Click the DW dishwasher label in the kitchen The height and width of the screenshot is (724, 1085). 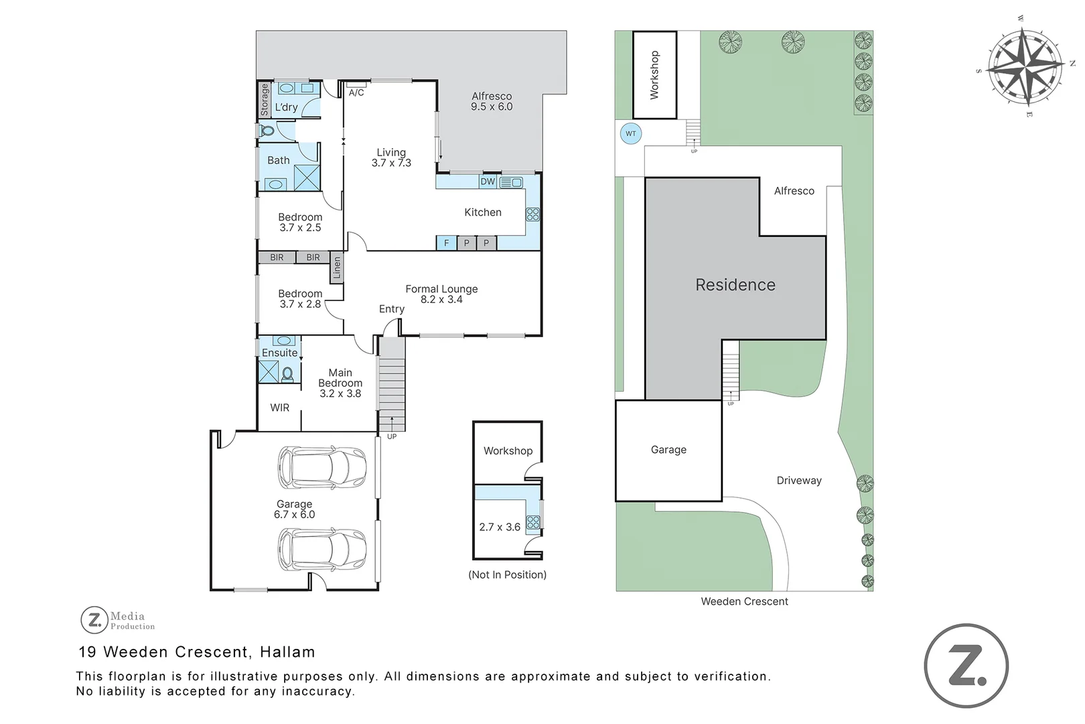tap(488, 182)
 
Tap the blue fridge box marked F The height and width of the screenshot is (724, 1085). tap(447, 243)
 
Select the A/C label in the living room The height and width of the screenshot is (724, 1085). tap(356, 93)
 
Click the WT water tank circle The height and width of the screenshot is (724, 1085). tap(631, 134)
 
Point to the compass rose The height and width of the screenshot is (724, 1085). tap(1026, 67)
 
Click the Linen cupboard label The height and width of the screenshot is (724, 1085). tap(337, 267)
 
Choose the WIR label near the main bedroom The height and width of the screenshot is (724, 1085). tap(279, 408)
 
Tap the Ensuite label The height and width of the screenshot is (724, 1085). tap(279, 353)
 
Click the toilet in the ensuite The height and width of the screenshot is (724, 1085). tap(288, 374)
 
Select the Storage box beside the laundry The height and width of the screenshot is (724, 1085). tap(265, 100)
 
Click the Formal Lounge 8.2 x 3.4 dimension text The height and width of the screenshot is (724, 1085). tap(441, 300)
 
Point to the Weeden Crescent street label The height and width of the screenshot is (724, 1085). tap(745, 602)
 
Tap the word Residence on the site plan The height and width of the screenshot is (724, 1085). tap(735, 285)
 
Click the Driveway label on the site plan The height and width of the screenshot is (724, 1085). tap(799, 481)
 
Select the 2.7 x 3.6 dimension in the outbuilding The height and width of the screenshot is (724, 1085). tap(500, 527)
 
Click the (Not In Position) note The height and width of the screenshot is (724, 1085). tap(507, 575)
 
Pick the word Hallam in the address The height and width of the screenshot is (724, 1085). tap(288, 652)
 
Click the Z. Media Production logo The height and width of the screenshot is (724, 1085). tap(118, 620)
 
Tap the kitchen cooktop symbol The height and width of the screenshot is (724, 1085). tap(533, 215)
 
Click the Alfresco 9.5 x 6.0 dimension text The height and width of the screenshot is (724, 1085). tap(492, 107)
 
